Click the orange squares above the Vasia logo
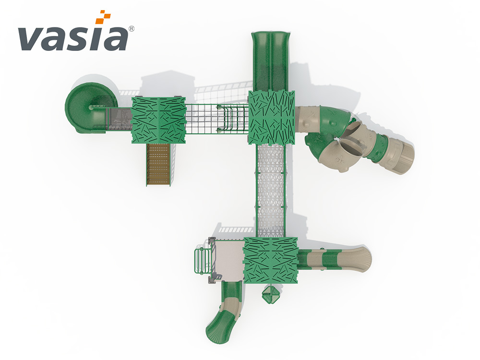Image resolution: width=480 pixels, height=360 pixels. point(103,17)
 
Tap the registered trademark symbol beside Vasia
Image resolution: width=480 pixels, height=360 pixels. point(132,29)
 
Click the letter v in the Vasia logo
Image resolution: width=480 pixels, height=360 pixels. point(30,38)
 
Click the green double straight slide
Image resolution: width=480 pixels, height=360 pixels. point(270,61)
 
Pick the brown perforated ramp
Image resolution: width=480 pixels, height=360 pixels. point(158,164)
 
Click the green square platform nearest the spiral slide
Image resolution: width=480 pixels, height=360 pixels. point(158,120)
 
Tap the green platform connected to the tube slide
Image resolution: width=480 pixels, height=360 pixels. point(271,118)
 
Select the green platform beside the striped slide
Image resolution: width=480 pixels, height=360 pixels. point(271,260)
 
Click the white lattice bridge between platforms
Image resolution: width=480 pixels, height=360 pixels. point(271,191)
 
